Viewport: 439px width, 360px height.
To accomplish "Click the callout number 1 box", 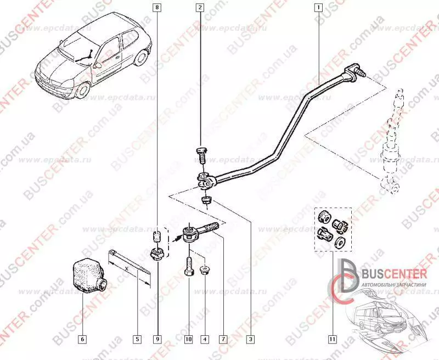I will [317, 8].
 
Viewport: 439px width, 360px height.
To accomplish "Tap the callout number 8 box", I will [159, 8].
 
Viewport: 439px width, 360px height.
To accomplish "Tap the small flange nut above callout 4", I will [205, 270].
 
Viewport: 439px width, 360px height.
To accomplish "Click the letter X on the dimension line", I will [126, 268].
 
